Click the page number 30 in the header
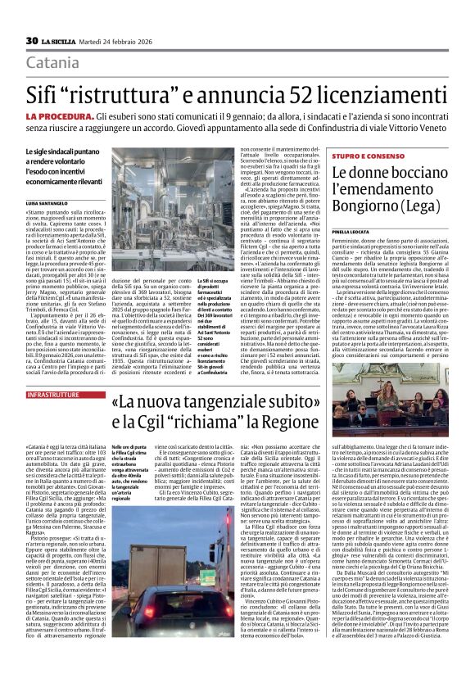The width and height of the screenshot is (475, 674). (x=32, y=40)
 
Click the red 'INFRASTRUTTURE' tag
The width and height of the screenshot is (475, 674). (x=53, y=395)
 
